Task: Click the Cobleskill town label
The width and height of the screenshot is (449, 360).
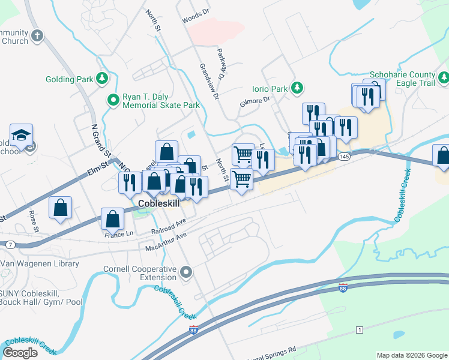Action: [159, 203]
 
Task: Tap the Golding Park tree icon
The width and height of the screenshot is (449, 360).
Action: [103, 79]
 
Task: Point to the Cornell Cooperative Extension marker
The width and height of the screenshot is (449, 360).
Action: [186, 273]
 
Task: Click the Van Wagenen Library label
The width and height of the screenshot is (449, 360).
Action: [40, 263]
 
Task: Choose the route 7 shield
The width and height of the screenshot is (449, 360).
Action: [11, 244]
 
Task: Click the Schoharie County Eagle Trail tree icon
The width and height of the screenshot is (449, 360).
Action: [444, 78]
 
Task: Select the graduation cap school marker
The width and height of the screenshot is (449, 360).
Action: [21, 134]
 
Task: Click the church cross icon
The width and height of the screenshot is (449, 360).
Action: [37, 35]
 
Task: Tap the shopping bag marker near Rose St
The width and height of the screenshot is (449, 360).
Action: [61, 208]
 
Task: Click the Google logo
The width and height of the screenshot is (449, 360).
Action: [20, 353]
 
